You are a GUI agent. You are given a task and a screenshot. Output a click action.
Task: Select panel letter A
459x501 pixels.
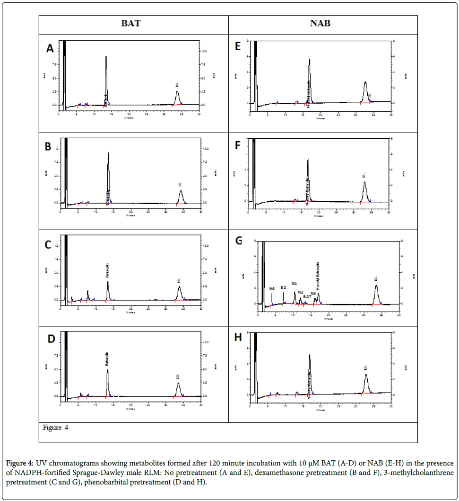[50, 48]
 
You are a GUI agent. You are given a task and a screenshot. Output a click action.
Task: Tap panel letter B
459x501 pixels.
[48, 147]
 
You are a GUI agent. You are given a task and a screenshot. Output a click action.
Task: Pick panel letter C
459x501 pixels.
[48, 245]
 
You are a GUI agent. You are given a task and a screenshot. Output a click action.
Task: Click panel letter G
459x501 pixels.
[239, 241]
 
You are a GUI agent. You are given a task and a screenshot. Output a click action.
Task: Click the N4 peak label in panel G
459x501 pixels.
[272, 288]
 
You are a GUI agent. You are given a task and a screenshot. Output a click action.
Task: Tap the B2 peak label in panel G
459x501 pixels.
[283, 287]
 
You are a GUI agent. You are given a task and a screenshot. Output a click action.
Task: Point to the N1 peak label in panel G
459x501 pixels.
[294, 284]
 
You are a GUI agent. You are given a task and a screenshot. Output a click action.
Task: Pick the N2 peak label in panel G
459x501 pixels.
[301, 292]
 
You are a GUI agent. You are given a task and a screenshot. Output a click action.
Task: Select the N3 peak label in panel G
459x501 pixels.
[313, 294]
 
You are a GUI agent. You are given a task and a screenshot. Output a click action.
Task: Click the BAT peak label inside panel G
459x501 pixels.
[307, 297]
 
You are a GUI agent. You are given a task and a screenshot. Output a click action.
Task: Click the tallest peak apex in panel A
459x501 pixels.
[106, 57]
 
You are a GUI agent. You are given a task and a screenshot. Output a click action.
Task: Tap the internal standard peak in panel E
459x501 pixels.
[365, 83]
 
